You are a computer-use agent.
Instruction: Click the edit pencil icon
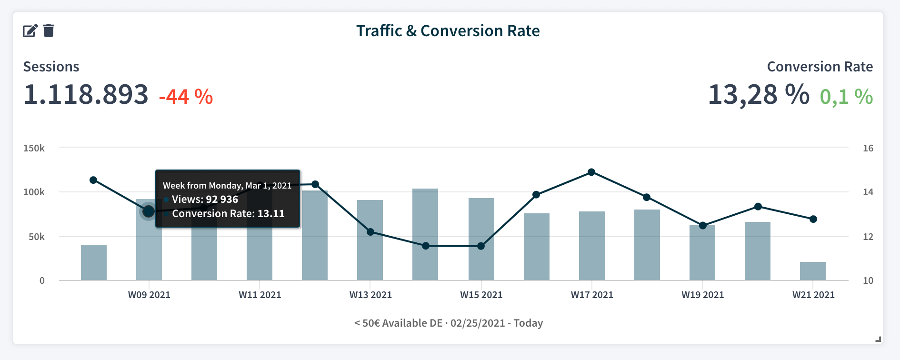(30, 31)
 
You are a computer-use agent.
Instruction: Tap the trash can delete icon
(49, 31)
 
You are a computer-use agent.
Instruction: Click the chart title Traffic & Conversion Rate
(448, 31)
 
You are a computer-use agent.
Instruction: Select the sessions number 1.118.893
(86, 94)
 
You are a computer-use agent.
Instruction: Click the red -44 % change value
(186, 97)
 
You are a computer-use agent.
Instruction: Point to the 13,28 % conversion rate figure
(758, 94)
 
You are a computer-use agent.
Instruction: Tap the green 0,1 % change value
(846, 97)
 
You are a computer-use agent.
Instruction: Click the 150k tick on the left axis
(34, 148)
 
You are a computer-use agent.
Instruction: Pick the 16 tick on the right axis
(868, 148)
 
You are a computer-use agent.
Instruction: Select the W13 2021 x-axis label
(370, 295)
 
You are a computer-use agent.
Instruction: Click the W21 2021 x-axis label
(813, 295)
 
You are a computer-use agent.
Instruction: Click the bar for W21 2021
(813, 271)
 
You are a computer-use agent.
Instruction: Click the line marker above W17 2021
(591, 172)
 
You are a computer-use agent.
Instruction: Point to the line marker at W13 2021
(370, 232)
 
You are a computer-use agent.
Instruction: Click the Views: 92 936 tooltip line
(205, 200)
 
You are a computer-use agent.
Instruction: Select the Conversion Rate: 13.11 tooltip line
(228, 214)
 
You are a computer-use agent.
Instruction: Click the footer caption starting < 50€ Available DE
(448, 323)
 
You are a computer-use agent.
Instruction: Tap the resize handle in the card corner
(879, 340)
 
